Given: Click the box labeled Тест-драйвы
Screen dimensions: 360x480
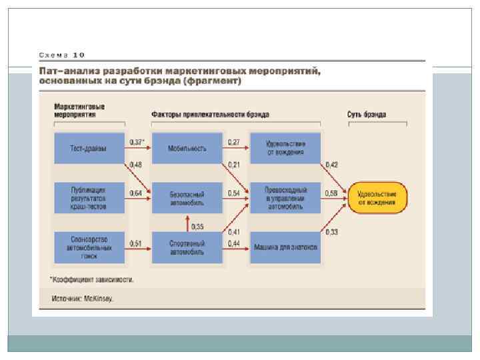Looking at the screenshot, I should (89, 148).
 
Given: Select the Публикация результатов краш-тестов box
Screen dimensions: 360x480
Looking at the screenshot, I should (89, 197).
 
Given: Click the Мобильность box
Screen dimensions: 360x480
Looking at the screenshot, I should (187, 148).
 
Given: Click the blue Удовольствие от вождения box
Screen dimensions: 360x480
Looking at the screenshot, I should (285, 148).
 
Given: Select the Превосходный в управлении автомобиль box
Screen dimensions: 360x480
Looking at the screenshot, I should (285, 197).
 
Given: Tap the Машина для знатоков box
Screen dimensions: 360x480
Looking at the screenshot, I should (285, 247).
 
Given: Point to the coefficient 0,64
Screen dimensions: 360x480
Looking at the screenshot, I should (135, 193).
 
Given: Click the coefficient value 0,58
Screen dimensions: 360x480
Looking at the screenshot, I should (331, 193).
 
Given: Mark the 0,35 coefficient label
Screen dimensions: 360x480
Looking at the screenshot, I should (197, 227).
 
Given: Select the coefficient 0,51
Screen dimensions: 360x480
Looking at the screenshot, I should (135, 243).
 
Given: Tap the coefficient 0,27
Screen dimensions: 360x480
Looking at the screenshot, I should (234, 143).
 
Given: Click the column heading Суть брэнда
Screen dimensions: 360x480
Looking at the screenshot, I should (366, 114).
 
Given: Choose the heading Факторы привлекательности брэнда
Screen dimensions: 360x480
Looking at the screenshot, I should (210, 114).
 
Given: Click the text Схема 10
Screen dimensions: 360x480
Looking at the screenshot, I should (62, 55).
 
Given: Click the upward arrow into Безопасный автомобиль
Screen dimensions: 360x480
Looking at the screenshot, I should (187, 222).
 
